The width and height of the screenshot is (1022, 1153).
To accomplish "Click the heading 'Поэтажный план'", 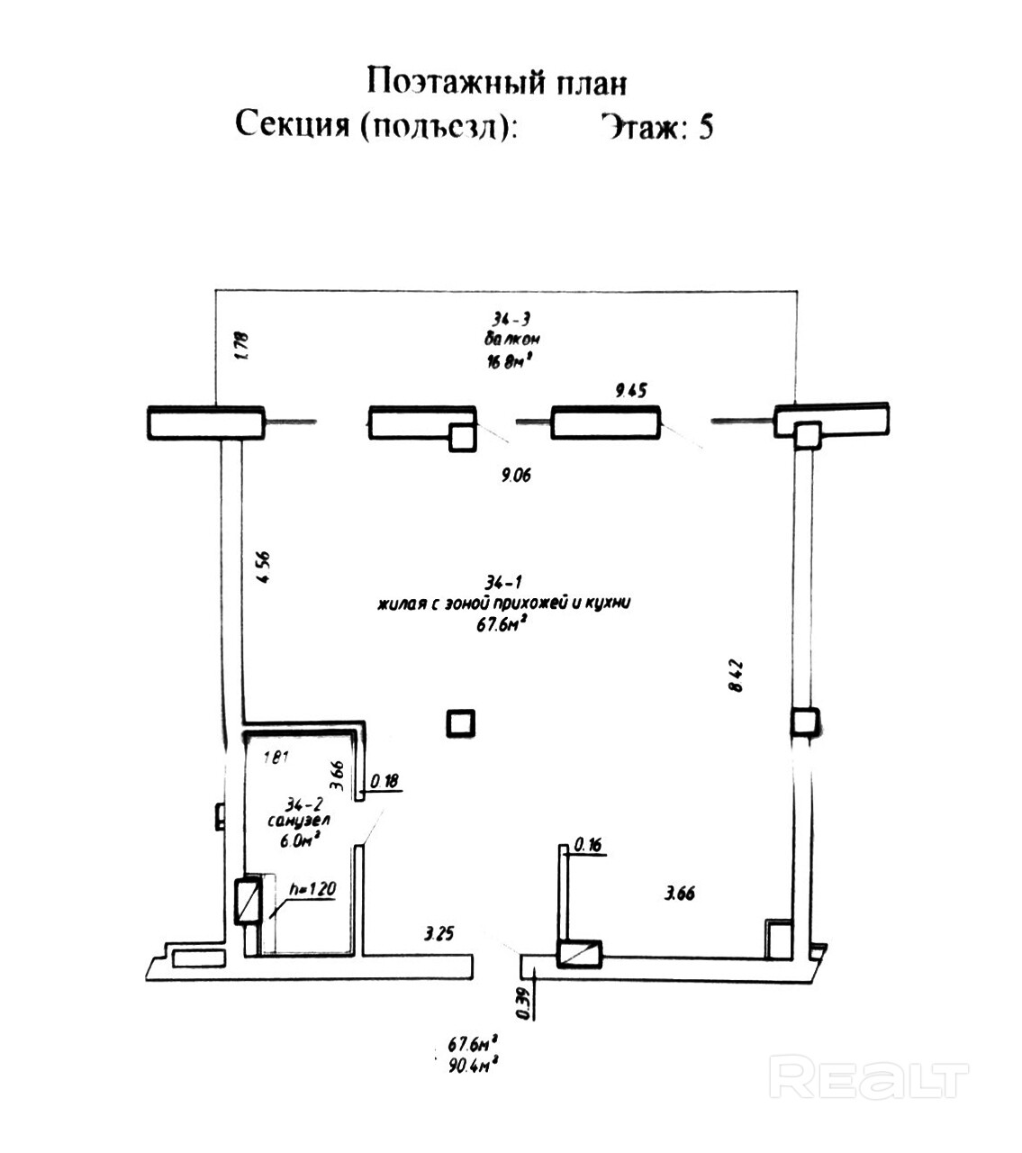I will click(x=496, y=82).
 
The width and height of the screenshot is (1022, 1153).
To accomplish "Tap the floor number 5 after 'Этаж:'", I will click(x=705, y=127).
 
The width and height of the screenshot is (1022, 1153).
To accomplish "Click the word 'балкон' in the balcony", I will click(x=511, y=340).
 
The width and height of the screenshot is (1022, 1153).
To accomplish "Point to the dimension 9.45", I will click(x=630, y=390).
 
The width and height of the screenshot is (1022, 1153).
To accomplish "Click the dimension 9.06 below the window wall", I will click(x=516, y=475).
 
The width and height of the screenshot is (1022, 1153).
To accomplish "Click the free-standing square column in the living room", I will click(x=461, y=722).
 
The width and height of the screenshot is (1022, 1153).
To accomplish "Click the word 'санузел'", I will click(x=299, y=822).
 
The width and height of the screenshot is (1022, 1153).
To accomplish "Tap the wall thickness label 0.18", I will click(x=384, y=781).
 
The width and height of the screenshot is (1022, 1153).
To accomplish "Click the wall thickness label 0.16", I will click(x=587, y=844).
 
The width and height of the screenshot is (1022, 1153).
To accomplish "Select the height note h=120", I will click(x=312, y=889).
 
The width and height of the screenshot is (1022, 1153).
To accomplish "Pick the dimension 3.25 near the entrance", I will click(x=439, y=933).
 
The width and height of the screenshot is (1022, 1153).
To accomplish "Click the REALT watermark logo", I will click(x=870, y=1079).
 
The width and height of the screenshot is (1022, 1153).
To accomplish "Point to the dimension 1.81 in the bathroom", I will click(x=275, y=757).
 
